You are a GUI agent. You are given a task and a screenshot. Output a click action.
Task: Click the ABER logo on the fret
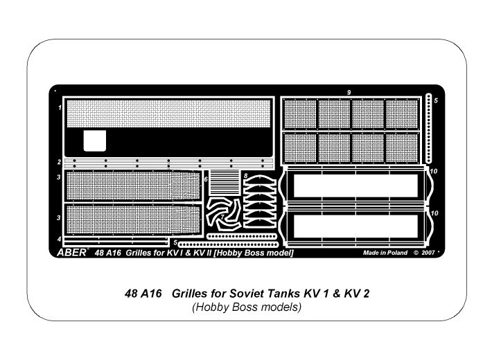(x=72, y=253)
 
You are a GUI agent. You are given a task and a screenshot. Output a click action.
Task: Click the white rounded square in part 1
(x=95, y=141)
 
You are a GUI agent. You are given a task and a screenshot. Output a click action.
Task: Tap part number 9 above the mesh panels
(x=349, y=93)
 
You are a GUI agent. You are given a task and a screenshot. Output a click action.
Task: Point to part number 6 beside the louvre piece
(x=206, y=179)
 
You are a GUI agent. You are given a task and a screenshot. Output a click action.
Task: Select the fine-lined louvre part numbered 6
(x=224, y=183)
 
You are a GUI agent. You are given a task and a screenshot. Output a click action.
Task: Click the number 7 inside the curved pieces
(x=222, y=217)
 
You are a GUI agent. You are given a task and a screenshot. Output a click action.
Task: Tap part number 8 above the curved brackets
(x=246, y=176)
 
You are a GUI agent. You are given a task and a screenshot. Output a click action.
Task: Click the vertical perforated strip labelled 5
(x=429, y=128)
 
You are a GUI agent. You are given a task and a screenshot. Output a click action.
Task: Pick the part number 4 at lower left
(x=59, y=240)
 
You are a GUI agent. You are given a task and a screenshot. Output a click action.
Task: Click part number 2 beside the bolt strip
(x=59, y=162)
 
